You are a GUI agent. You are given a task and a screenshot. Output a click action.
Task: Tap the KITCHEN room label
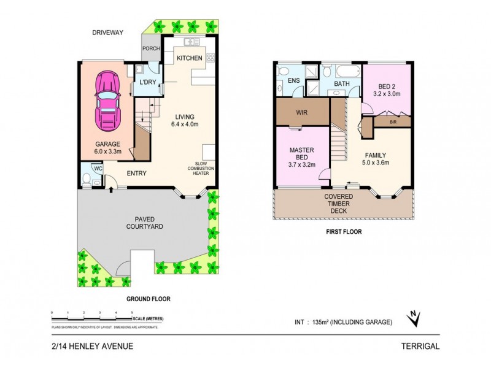[190, 58]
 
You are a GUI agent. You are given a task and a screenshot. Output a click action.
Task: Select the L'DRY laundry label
[147, 82]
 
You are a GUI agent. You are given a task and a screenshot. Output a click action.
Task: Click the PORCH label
[150, 49]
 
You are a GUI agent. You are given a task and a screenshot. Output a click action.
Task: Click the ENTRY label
[136, 174]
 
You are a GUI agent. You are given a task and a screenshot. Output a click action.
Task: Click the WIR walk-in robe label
[301, 112]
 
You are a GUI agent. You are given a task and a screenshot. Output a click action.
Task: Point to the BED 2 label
[386, 86]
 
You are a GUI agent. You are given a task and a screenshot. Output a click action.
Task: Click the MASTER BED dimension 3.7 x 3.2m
[301, 164]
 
